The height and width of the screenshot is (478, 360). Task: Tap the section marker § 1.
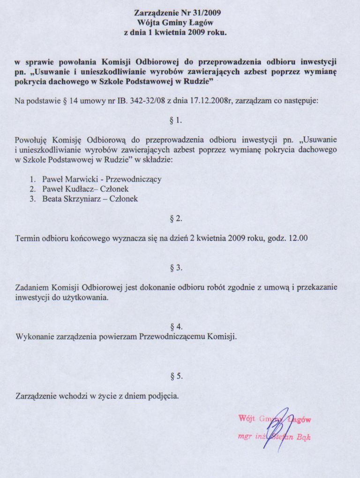pyautogui.click(x=175, y=120)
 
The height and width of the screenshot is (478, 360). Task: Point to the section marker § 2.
pyautogui.click(x=175, y=218)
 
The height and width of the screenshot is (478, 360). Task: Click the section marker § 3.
pyautogui.click(x=175, y=268)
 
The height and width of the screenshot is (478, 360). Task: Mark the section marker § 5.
pyautogui.click(x=175, y=376)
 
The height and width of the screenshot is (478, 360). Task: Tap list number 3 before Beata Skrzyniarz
pyautogui.click(x=33, y=199)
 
